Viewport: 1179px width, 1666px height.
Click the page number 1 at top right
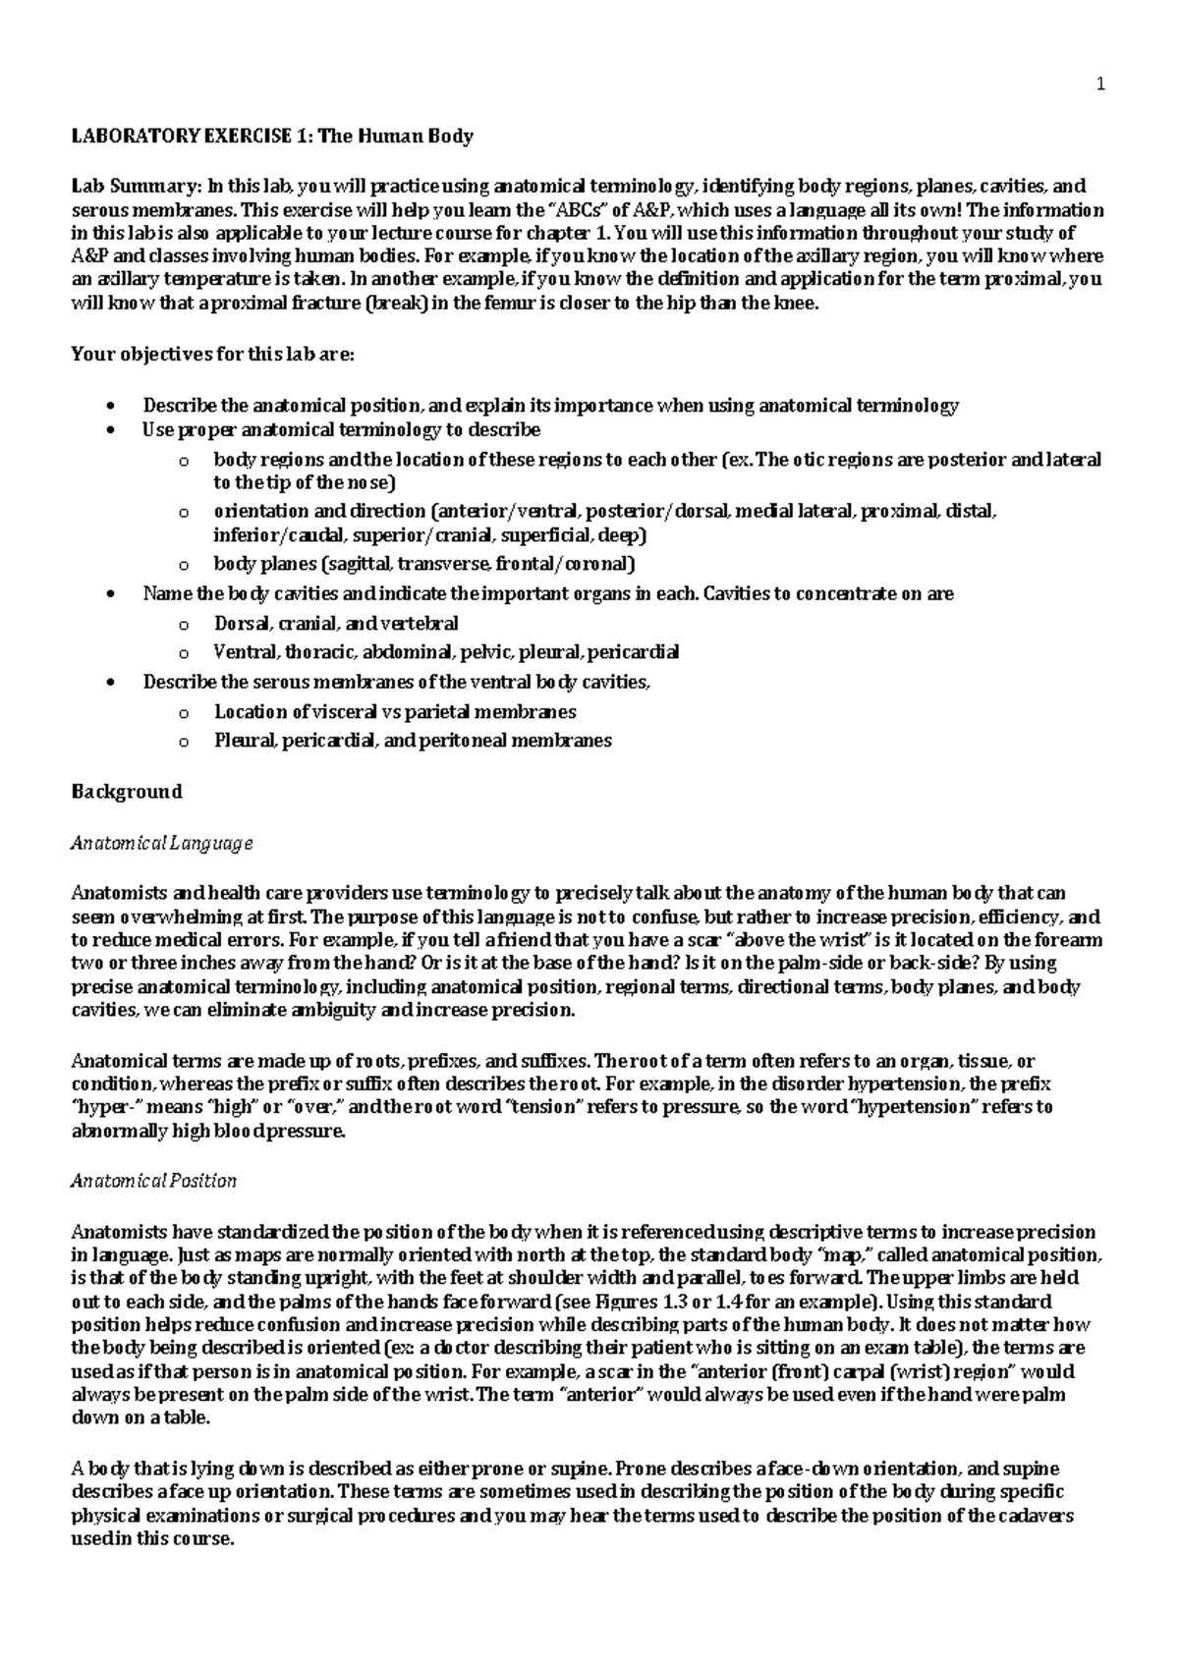coord(1100,84)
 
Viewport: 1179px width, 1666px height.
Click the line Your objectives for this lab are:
coord(211,355)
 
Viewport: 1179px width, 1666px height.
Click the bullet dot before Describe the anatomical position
coord(115,406)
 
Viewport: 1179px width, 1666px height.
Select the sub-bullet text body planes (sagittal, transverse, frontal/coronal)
coord(424,564)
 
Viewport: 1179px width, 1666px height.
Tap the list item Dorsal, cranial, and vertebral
coord(335,623)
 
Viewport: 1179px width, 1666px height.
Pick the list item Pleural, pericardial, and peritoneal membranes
coord(413,741)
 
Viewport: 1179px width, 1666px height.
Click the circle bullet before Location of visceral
coord(182,712)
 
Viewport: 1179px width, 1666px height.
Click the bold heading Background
coord(127,791)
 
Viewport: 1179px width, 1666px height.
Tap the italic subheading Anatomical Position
coord(153,1180)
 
